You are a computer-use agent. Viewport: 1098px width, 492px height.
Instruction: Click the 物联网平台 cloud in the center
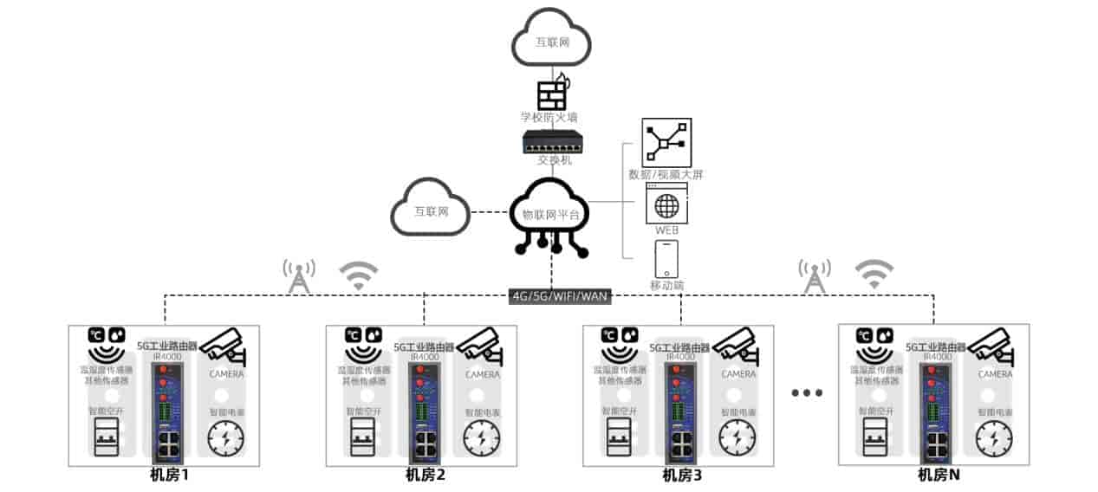point(550,212)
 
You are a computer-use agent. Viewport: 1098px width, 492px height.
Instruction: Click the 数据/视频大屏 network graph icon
point(666,142)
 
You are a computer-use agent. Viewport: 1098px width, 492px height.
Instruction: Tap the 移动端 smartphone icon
point(666,259)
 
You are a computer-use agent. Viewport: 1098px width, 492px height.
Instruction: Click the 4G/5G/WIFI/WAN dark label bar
point(560,295)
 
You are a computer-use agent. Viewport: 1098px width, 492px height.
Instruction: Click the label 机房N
point(939,475)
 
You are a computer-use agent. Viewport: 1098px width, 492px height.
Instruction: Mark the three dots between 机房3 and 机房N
point(806,393)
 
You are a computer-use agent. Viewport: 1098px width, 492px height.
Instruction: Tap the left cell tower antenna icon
point(298,275)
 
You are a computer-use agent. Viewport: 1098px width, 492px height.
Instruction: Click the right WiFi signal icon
point(874,274)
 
